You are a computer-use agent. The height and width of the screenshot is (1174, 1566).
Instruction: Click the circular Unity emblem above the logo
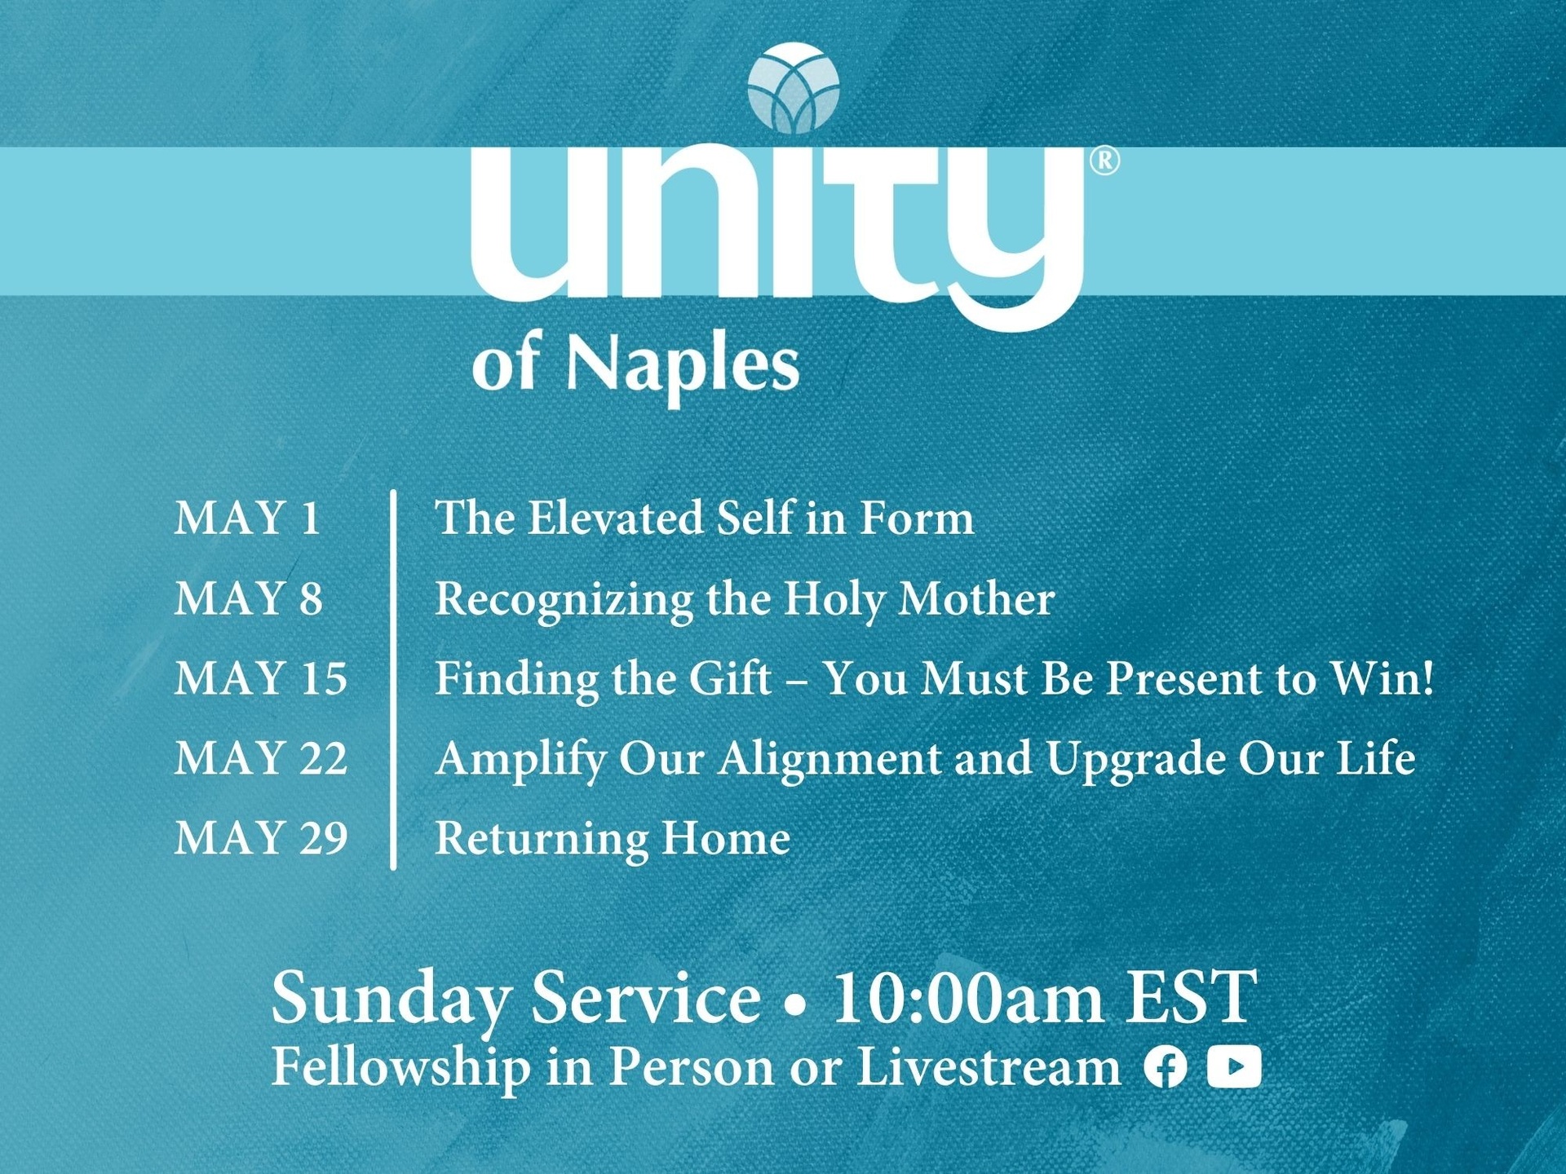tap(793, 89)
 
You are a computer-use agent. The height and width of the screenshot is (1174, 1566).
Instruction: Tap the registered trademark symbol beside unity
tap(1104, 161)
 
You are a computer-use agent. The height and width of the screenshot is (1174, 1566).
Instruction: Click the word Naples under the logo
tap(683, 364)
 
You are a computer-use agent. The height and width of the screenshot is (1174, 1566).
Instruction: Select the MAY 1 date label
tap(247, 518)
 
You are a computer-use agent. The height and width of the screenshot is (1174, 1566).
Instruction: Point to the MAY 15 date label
tap(261, 677)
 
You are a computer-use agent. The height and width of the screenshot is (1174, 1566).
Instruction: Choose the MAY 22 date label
tap(261, 757)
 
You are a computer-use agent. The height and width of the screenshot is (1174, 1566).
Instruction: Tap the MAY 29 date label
tap(261, 837)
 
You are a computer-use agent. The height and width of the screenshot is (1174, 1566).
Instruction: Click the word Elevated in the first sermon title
tap(616, 518)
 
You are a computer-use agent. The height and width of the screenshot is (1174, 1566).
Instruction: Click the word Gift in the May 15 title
tap(730, 678)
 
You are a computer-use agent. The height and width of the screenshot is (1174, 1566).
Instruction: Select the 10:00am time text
tap(968, 997)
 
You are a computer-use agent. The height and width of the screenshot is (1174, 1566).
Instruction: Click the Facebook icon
tap(1166, 1067)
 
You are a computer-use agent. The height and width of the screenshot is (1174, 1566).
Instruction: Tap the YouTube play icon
tap(1234, 1066)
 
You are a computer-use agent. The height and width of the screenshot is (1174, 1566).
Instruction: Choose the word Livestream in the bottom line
tap(989, 1066)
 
